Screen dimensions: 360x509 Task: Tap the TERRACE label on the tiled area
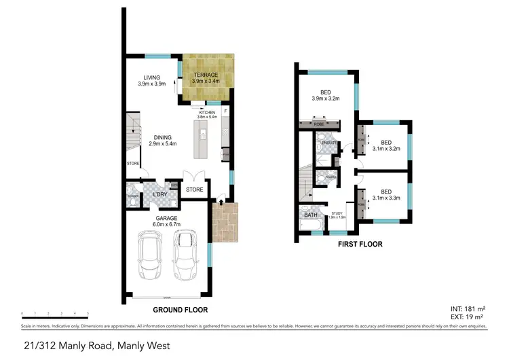click(206, 77)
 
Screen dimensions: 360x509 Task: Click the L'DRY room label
click(160, 196)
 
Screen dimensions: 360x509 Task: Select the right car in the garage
click(185, 255)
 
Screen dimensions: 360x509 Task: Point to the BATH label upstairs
click(311, 215)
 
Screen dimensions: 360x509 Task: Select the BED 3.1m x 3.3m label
click(386, 195)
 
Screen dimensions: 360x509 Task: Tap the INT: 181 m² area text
click(468, 309)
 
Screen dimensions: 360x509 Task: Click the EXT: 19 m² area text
click(468, 317)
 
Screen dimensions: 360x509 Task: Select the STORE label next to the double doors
click(195, 190)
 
